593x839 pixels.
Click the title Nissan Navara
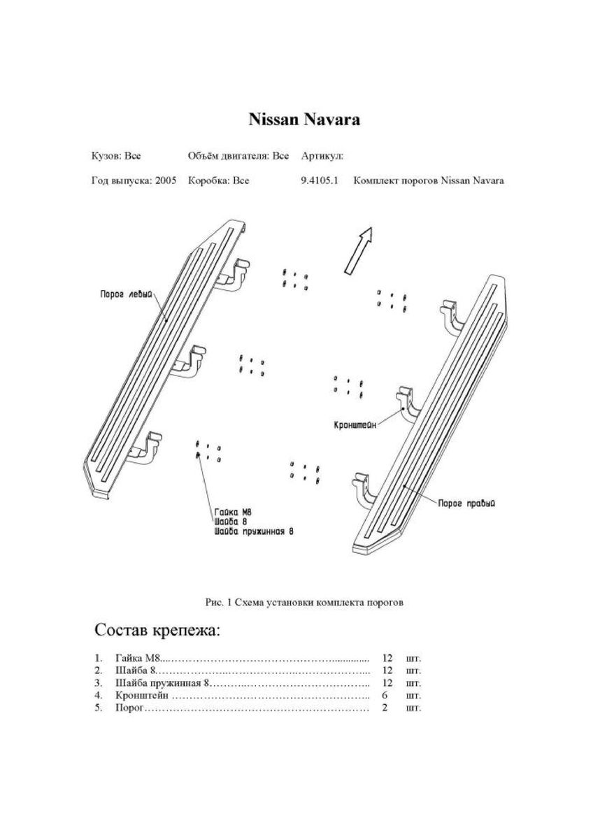[304, 120]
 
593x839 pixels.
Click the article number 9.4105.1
[320, 180]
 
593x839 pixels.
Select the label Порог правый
[466, 503]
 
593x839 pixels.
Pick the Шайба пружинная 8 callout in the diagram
[253, 531]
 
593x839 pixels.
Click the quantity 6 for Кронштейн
[385, 696]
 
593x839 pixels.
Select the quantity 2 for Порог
[385, 708]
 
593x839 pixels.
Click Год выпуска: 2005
[134, 180]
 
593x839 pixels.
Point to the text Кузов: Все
[116, 155]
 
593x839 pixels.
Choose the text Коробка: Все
[219, 180]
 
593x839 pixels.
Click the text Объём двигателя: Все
[238, 155]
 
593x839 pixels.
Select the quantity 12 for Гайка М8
[387, 658]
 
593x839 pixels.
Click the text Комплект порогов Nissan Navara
[429, 180]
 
